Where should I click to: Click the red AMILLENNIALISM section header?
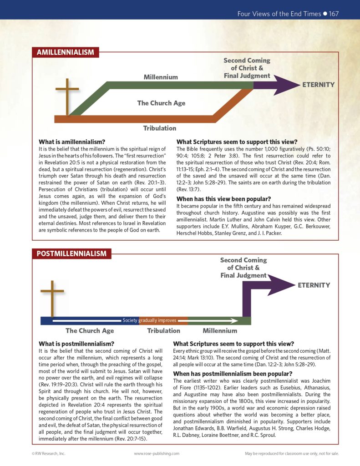65,52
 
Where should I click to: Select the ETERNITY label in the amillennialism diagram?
319,85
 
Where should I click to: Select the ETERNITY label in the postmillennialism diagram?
314,285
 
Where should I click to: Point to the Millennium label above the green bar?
161,77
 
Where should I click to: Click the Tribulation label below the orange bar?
160,128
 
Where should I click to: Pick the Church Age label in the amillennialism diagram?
161,103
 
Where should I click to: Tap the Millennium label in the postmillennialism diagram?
220,331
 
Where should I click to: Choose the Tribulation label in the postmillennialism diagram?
163,331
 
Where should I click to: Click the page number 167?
334,14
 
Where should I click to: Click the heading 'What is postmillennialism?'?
76,344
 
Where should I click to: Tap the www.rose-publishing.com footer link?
157,453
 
